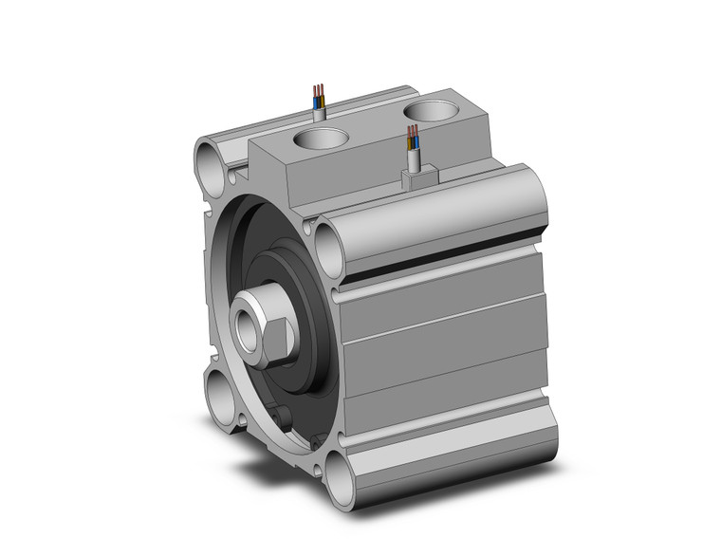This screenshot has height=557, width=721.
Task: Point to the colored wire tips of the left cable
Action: tap(319, 95)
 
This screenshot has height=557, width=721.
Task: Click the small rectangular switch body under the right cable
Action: tap(418, 176)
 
